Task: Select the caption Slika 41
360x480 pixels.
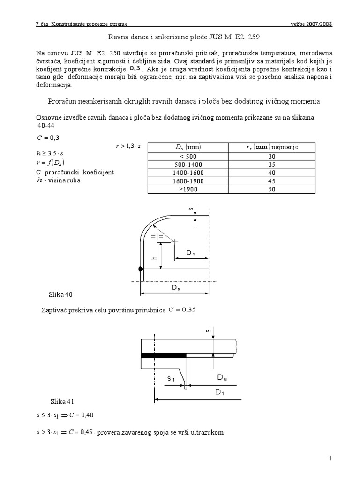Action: click(62, 402)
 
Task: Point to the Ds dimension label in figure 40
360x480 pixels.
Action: click(175, 288)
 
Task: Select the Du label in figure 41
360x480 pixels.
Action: click(222, 377)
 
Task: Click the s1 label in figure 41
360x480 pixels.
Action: click(172, 378)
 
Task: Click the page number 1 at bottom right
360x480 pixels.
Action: click(330, 459)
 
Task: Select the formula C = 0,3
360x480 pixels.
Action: click(47, 137)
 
